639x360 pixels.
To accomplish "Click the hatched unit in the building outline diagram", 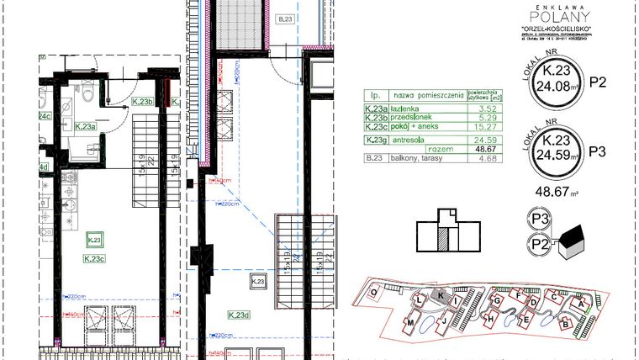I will pyautogui.click(x=442, y=240).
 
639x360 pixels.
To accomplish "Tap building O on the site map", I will pyautogui.click(x=372, y=292).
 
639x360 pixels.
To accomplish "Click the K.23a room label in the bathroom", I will pyautogui.click(x=84, y=126).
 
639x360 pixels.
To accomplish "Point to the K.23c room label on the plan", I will pyautogui.click(x=94, y=259).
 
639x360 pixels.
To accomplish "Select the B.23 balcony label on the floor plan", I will pyautogui.click(x=286, y=18).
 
